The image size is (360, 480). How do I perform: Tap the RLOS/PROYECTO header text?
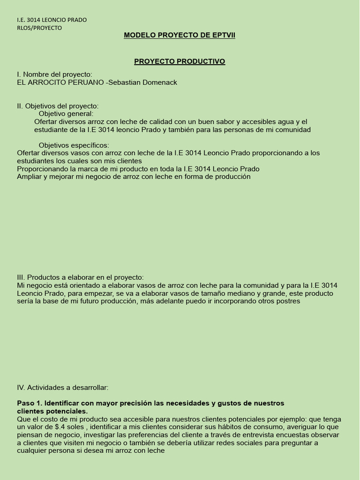coord(39,28)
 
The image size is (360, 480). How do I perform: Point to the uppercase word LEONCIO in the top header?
coord(54,20)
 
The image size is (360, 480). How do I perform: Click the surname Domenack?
coord(158,82)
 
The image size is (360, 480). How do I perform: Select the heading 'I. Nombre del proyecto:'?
coord(54,75)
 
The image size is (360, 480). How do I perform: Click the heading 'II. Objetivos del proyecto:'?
coord(58,106)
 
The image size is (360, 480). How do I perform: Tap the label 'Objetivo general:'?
coord(66,113)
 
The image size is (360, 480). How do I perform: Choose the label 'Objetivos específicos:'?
coord(74,145)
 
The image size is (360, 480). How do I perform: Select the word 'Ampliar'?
coord(29,177)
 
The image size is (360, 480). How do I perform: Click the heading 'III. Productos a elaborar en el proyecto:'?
coord(80,277)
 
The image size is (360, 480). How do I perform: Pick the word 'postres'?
coord(287,301)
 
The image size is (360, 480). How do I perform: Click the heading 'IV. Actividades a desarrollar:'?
coord(62,388)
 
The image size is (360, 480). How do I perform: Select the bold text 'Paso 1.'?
coord(29,403)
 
